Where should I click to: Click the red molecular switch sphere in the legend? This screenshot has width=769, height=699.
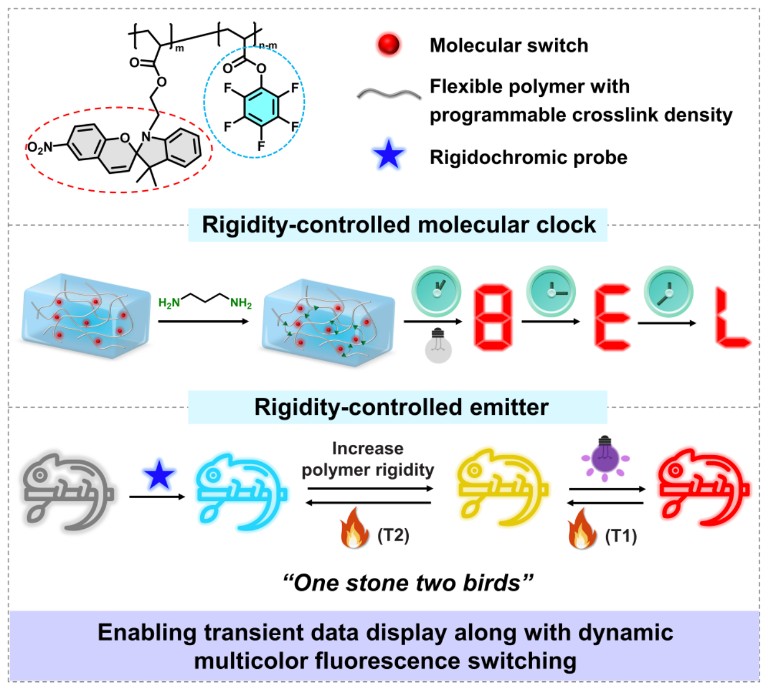tap(389, 44)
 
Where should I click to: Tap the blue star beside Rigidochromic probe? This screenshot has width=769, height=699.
tap(389, 157)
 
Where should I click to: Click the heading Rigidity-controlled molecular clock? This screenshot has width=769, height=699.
tap(399, 225)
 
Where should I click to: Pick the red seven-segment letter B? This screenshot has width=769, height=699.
tap(493, 317)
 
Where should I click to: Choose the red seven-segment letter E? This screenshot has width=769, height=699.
tap(612, 317)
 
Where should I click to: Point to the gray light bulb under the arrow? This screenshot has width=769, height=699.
tap(438, 345)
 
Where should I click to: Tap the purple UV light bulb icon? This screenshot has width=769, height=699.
tap(605, 457)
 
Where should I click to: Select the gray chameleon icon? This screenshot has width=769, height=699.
tap(69, 490)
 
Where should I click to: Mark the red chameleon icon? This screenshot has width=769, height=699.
tap(703, 487)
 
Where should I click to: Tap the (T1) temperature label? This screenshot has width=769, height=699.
tap(621, 536)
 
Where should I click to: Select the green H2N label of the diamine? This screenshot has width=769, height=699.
tap(169, 303)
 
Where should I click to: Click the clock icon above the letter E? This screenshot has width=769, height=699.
tap(551, 290)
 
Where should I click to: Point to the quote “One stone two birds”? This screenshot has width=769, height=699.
tap(408, 583)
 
